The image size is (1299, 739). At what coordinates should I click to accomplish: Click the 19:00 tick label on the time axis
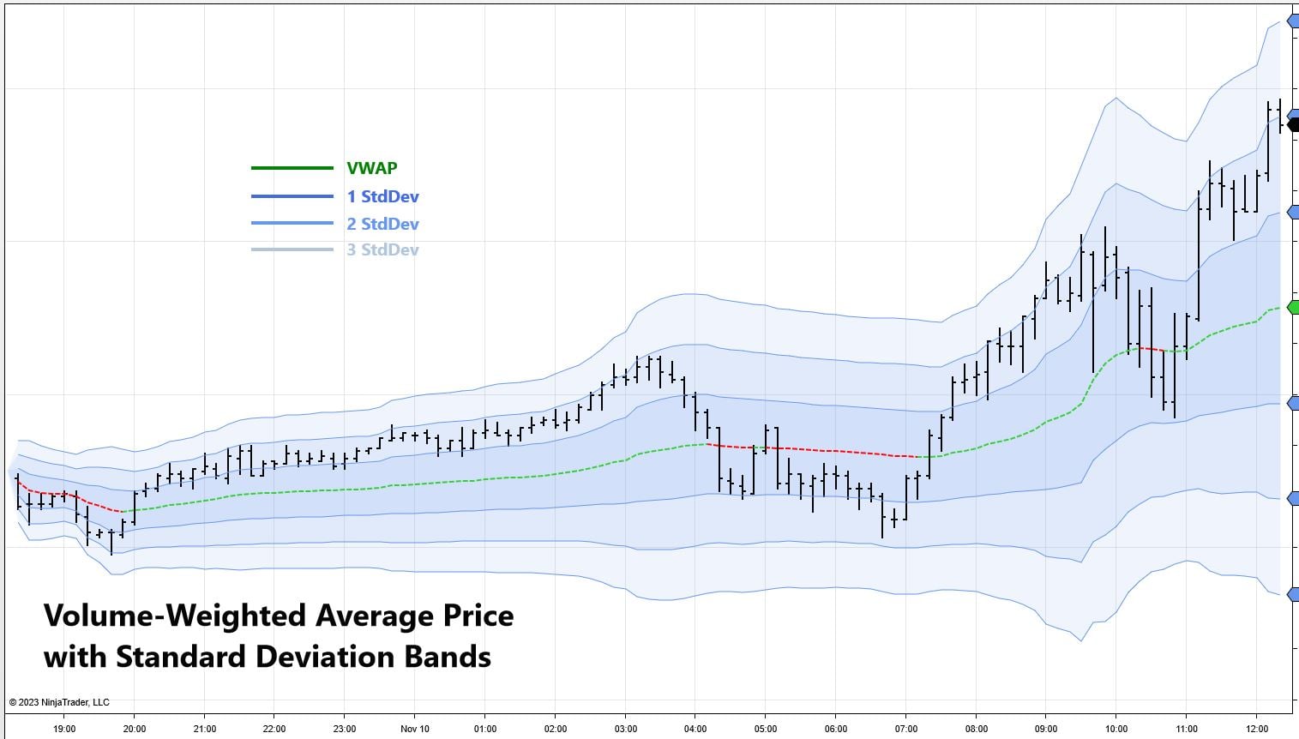click(64, 729)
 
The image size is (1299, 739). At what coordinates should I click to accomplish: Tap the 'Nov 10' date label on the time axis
click(414, 729)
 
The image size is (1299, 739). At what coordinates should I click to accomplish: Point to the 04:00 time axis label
click(695, 729)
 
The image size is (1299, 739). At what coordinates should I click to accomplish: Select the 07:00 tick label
click(906, 729)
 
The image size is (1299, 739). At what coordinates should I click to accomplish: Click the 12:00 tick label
click(1256, 729)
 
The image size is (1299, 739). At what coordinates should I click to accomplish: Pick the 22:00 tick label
click(274, 729)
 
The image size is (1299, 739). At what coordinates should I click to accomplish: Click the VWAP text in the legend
click(372, 168)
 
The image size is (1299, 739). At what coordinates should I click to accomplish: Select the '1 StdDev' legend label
click(382, 196)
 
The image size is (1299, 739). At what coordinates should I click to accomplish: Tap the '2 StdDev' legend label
click(382, 224)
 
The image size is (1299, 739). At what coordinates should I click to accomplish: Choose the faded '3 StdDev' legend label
click(382, 249)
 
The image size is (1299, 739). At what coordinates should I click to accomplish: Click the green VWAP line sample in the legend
click(292, 168)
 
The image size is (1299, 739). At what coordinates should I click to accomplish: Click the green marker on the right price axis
click(1293, 307)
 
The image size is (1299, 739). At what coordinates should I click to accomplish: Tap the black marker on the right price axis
click(1293, 124)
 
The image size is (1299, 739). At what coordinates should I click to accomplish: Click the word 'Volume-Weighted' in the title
click(175, 616)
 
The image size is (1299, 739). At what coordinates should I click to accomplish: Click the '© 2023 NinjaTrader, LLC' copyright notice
click(59, 702)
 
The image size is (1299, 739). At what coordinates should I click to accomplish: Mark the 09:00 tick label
click(1046, 729)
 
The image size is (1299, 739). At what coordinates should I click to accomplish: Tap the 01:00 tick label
click(484, 729)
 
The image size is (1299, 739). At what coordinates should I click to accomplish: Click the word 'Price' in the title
click(473, 616)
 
